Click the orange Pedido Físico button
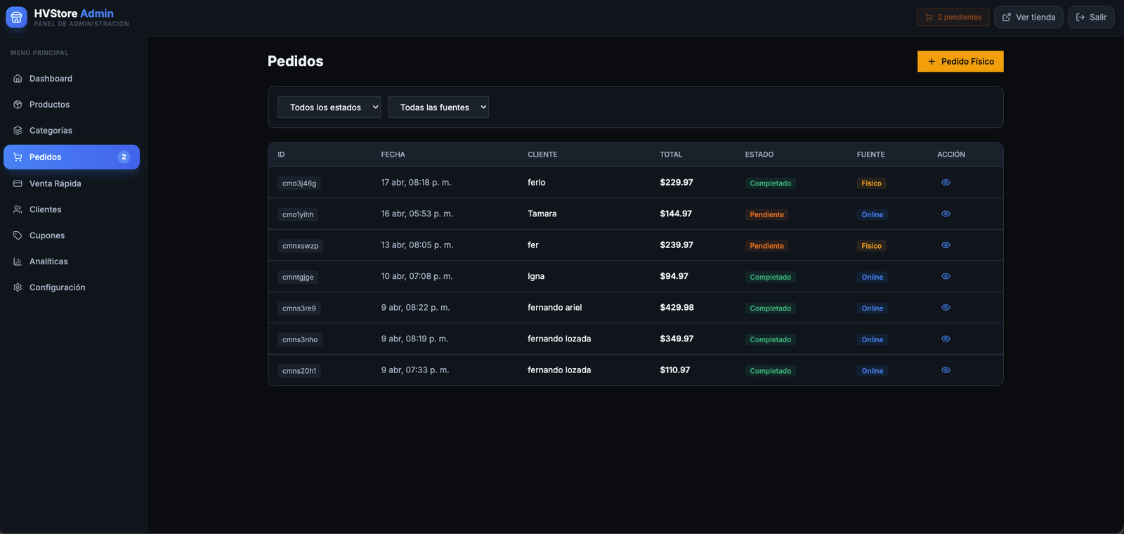(x=960, y=61)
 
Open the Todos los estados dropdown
(x=329, y=107)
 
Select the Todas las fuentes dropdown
(x=438, y=107)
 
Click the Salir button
(x=1091, y=17)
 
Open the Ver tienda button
(x=1028, y=17)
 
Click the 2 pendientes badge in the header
(x=953, y=17)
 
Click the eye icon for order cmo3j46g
(x=946, y=182)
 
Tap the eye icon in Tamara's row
(x=946, y=214)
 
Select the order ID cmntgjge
(x=298, y=277)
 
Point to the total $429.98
(x=677, y=307)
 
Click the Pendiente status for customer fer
(x=766, y=245)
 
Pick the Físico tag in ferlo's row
(x=871, y=183)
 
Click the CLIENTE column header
(x=542, y=154)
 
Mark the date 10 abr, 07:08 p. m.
(x=417, y=276)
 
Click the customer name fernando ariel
(x=554, y=307)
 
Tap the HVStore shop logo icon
(x=16, y=17)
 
